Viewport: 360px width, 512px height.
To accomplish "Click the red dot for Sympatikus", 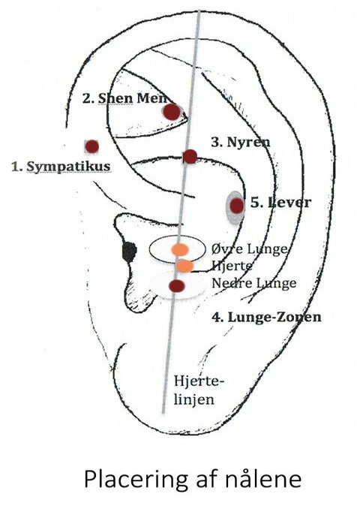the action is pos(92,146).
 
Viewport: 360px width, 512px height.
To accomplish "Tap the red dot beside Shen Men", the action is pos(172,112).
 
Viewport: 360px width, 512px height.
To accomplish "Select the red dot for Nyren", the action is pos(190,156).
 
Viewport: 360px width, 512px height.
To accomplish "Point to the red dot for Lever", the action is pos(237,206).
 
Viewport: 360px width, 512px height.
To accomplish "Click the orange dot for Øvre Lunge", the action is pos(180,249).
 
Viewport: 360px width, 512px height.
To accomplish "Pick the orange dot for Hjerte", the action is pos(184,266).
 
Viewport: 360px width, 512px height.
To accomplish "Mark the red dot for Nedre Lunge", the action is pos(177,286).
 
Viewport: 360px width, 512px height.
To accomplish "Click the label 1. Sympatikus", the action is pos(61,167).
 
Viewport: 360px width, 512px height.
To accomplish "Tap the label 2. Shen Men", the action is pos(125,98).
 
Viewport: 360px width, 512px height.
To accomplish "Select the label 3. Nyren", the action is pos(241,142).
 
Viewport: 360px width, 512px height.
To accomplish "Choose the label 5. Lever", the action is pos(280,203).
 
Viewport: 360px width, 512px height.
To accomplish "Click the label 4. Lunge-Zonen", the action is pos(266,317).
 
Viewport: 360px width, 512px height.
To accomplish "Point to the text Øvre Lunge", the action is pos(250,249).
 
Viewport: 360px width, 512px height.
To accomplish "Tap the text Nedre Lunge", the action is pos(254,283).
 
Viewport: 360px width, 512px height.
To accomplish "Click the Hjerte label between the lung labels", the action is pos(232,266).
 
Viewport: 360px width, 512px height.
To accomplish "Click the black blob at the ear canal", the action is pos(129,252).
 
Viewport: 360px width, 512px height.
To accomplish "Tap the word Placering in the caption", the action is pos(136,480).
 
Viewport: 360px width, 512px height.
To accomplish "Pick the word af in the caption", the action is pos(207,479).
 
